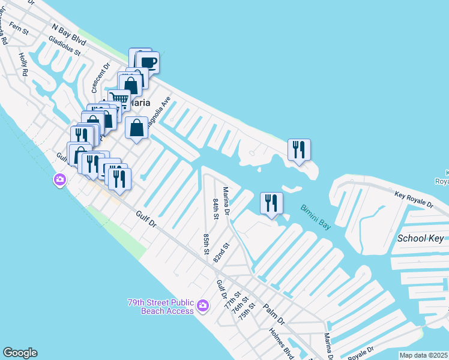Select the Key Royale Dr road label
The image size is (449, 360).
tap(414, 199)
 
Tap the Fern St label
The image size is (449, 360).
tap(19, 30)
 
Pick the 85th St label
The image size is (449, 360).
tap(206, 243)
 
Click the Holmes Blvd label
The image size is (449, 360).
tap(280, 340)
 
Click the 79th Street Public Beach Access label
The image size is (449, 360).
tap(160, 307)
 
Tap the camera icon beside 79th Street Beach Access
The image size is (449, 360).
tap(203, 306)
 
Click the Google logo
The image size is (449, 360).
tap(20, 353)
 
